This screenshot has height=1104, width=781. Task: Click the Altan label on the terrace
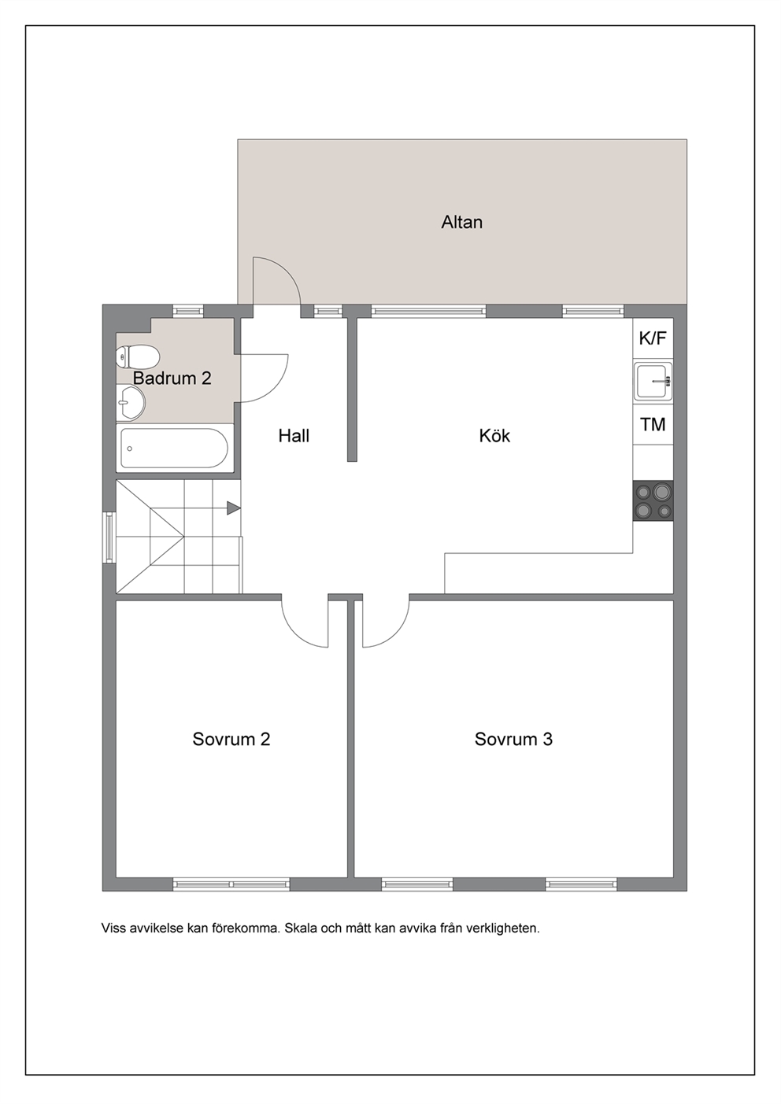pos(461,222)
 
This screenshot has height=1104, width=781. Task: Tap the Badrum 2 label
pos(172,378)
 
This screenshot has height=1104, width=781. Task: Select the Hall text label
pos(294,436)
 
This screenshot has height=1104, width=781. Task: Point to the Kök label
pos(494,436)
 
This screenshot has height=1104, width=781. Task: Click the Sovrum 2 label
pos(231,740)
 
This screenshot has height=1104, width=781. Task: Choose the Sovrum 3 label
pos(513,740)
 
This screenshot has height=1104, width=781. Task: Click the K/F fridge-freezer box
pos(653,338)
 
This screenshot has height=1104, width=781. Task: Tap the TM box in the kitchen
pos(653,424)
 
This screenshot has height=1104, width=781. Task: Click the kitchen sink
pos(653,381)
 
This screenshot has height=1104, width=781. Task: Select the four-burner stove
pos(653,500)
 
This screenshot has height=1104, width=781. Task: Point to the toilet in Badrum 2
pos(138,356)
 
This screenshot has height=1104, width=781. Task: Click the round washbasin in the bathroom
pos(131,404)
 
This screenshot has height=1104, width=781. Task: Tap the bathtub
pos(174,448)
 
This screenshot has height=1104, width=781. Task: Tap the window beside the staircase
pos(109,537)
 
